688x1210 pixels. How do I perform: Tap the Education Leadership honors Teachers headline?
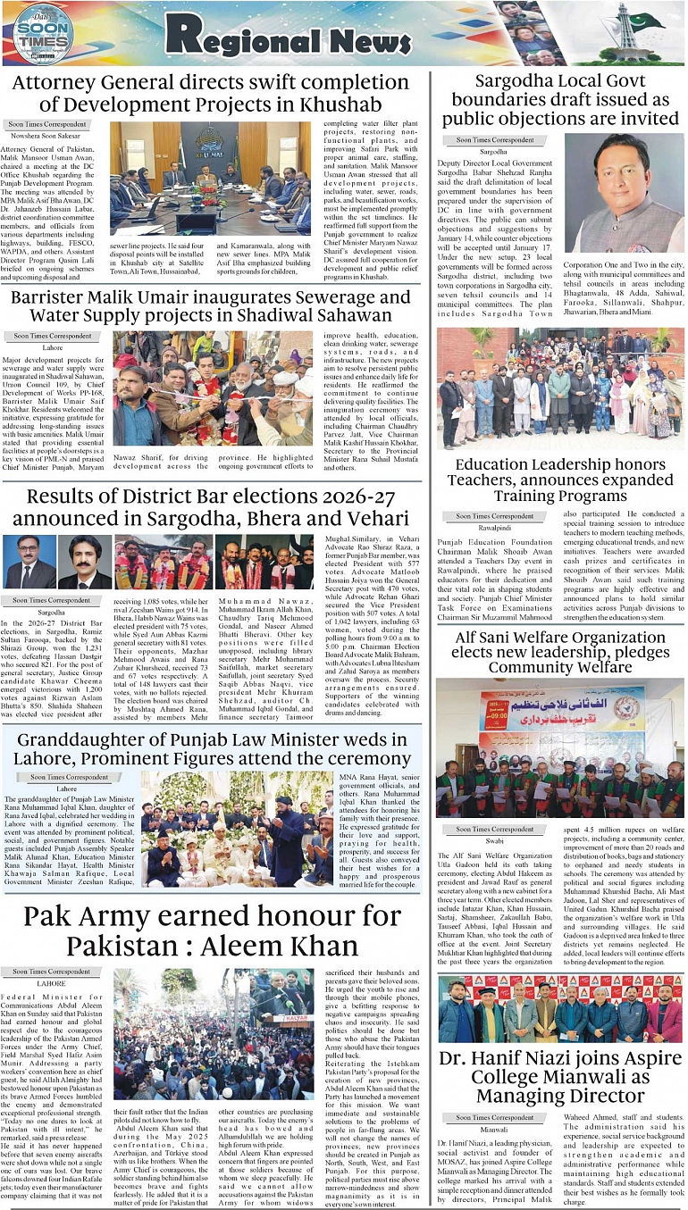click(x=561, y=480)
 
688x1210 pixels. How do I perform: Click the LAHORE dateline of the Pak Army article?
click(x=51, y=983)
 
